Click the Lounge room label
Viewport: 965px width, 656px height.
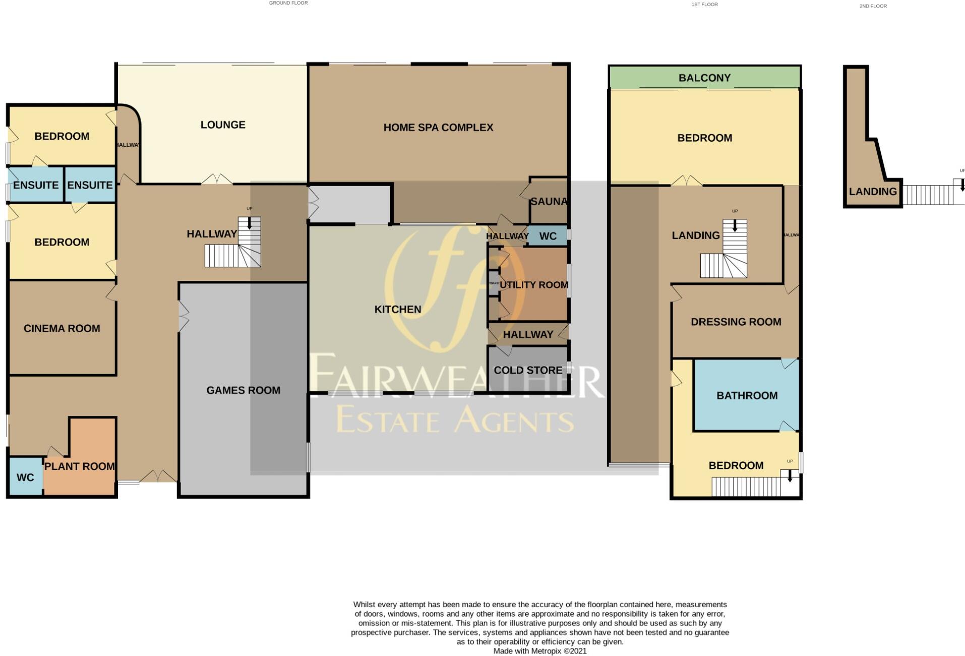click(x=222, y=125)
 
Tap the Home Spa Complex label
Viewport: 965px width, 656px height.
click(x=438, y=128)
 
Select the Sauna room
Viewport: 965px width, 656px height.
click(x=549, y=201)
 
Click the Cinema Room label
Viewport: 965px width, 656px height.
click(x=62, y=328)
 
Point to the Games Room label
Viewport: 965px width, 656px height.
click(x=243, y=390)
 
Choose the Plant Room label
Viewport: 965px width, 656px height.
click(x=80, y=466)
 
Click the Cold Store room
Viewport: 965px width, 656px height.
click(x=527, y=370)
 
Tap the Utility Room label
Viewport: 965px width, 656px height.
click(x=533, y=285)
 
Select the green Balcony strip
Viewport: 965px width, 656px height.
click(x=704, y=78)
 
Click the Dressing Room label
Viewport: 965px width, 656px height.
click(x=735, y=322)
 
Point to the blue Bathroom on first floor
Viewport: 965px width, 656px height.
click(x=746, y=395)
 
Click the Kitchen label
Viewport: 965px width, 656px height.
click(x=397, y=309)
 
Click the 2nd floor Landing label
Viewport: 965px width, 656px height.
click(x=872, y=192)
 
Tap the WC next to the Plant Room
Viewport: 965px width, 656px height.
click(x=25, y=477)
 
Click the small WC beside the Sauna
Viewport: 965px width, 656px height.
click(x=548, y=236)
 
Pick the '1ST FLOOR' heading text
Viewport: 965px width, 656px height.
click(x=704, y=5)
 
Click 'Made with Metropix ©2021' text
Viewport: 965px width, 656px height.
click(x=539, y=651)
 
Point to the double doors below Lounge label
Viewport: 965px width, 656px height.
click(x=217, y=180)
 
